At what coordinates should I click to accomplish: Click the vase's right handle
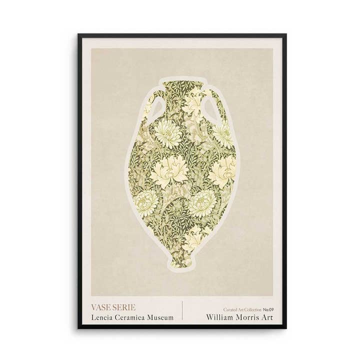click(209, 106)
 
